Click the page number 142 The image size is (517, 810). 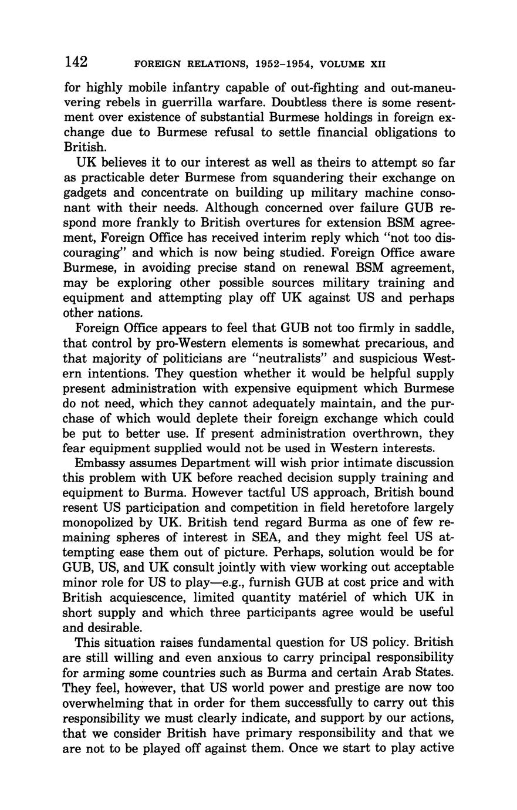(76, 61)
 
